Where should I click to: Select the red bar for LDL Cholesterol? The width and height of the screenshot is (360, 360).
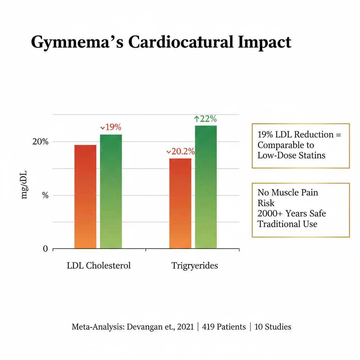(x=85, y=197)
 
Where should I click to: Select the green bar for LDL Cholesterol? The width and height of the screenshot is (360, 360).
(x=111, y=192)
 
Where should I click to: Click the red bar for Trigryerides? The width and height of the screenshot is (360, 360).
(x=180, y=204)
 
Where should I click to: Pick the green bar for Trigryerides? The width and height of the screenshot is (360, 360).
(x=206, y=187)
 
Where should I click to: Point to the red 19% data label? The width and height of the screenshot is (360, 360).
(x=111, y=127)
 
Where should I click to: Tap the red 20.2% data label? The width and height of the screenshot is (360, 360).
(x=180, y=152)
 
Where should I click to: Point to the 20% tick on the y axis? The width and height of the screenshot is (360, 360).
(x=40, y=142)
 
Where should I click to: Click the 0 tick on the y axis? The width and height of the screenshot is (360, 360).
(x=45, y=249)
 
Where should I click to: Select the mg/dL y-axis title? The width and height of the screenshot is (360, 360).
(x=24, y=185)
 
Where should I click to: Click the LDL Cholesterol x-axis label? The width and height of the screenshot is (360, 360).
(x=99, y=265)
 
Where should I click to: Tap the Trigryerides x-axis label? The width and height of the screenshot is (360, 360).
(x=194, y=265)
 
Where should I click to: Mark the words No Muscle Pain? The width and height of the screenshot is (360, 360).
(x=288, y=192)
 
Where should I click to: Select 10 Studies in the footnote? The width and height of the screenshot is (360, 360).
(x=273, y=327)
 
